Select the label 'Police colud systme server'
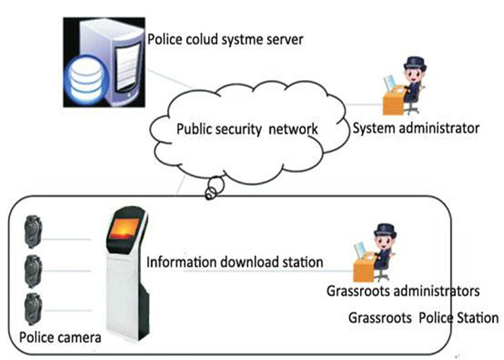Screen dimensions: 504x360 (x=225, y=40)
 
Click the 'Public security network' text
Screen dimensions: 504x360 (x=247, y=129)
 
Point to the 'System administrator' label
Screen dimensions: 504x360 (x=416, y=128)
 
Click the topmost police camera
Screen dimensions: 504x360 (x=33, y=232)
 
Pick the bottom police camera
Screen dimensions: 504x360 (x=33, y=309)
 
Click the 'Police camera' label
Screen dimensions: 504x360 (x=60, y=338)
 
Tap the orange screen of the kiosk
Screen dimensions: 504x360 (x=124, y=228)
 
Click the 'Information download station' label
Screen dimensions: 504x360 (x=235, y=262)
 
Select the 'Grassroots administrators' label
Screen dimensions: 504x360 (x=403, y=291)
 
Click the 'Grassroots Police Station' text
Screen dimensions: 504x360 (x=423, y=318)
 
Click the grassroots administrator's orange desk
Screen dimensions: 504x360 (x=363, y=270)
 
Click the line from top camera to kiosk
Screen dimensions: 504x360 (x=66, y=239)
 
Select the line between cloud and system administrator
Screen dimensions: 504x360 (x=364, y=104)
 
